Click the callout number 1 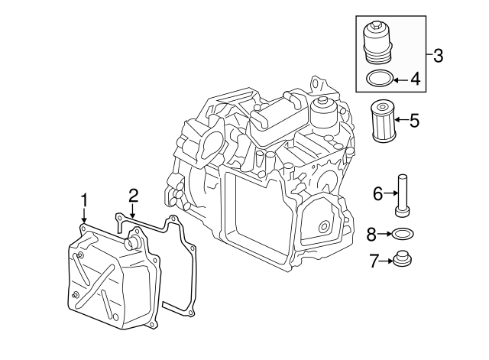[x=84, y=200]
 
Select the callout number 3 [x=438, y=55]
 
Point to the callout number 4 [x=416, y=78]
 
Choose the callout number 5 [x=414, y=119]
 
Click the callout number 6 [x=377, y=194]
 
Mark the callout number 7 [x=374, y=261]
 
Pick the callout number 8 [x=371, y=233]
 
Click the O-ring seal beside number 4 [x=380, y=78]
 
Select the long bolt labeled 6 [x=402, y=196]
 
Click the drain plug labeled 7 [x=402, y=261]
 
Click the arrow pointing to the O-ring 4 [x=401, y=78]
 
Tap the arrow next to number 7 [x=386, y=261]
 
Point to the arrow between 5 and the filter [x=401, y=120]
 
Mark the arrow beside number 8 [x=384, y=233]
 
